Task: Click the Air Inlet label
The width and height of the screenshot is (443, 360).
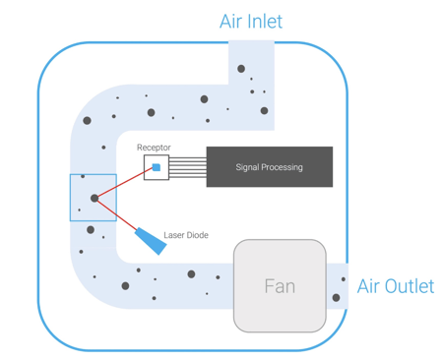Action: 250,21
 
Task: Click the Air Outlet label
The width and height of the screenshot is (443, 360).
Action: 395,286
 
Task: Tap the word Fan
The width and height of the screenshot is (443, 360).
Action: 280,286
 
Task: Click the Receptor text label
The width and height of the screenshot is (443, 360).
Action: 154,148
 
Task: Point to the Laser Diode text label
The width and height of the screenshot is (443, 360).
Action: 185,236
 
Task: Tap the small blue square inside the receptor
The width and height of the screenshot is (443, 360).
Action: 157,168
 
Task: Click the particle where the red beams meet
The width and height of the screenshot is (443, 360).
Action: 95,199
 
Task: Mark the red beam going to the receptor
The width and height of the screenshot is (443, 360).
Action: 125,183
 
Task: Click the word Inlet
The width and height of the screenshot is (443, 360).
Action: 266,21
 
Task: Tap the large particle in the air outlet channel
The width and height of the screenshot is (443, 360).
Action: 336,297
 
